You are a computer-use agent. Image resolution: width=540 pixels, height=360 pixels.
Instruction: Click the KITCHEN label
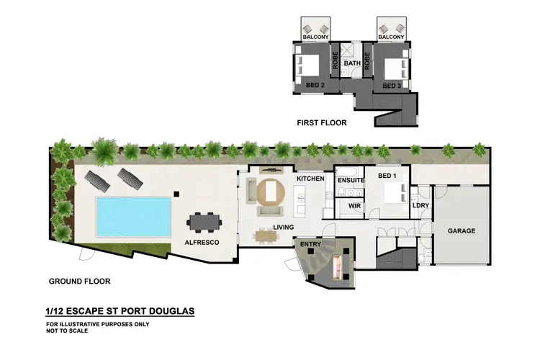pyautogui.click(x=310, y=179)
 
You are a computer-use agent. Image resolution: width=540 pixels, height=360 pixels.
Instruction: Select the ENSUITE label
pyautogui.click(x=351, y=180)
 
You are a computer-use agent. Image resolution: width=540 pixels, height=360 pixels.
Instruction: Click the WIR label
pyautogui.click(x=354, y=206)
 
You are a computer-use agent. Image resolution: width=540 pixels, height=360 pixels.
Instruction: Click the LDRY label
pyautogui.click(x=420, y=206)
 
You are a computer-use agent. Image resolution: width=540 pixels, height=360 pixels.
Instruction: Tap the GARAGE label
pyautogui.click(x=461, y=232)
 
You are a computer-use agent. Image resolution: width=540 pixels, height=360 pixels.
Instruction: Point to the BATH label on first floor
pyautogui.click(x=352, y=63)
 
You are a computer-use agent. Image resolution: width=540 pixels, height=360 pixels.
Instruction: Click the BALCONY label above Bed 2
pyautogui.click(x=315, y=36)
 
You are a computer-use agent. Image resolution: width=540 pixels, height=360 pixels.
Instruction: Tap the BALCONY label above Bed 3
pyautogui.click(x=391, y=36)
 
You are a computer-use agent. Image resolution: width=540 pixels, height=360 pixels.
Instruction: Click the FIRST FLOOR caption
pyautogui.click(x=322, y=123)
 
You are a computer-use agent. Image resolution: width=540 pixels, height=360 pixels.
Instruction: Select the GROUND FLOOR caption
pyautogui.click(x=79, y=281)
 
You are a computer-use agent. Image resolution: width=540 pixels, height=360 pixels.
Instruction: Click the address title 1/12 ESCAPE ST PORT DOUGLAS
pyautogui.click(x=119, y=312)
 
